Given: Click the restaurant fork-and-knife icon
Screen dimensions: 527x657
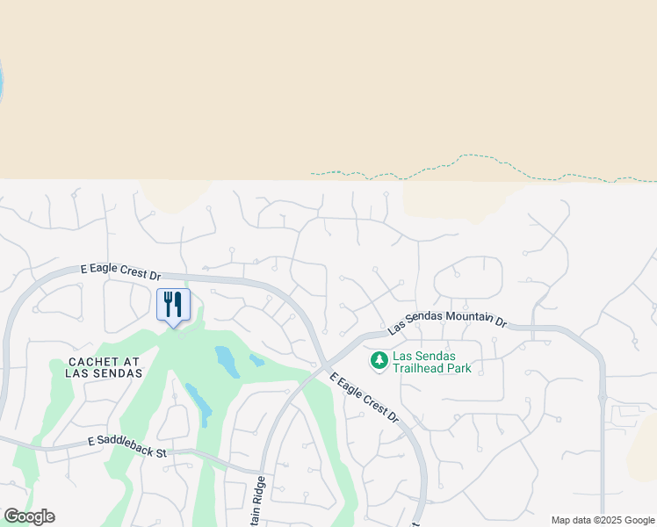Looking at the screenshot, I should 173,304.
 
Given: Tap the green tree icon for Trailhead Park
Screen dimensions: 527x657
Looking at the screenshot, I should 379,360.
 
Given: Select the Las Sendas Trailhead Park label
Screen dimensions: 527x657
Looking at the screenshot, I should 431,362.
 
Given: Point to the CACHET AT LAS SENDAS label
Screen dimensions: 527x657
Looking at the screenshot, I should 104,367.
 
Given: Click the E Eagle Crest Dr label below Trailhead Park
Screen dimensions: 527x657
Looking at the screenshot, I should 364,398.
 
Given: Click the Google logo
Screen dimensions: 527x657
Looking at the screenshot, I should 29,516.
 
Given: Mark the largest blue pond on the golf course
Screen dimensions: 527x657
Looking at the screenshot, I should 227,361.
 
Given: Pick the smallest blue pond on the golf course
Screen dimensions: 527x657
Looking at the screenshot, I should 256,360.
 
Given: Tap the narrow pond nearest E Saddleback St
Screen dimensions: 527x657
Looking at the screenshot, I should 199,402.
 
